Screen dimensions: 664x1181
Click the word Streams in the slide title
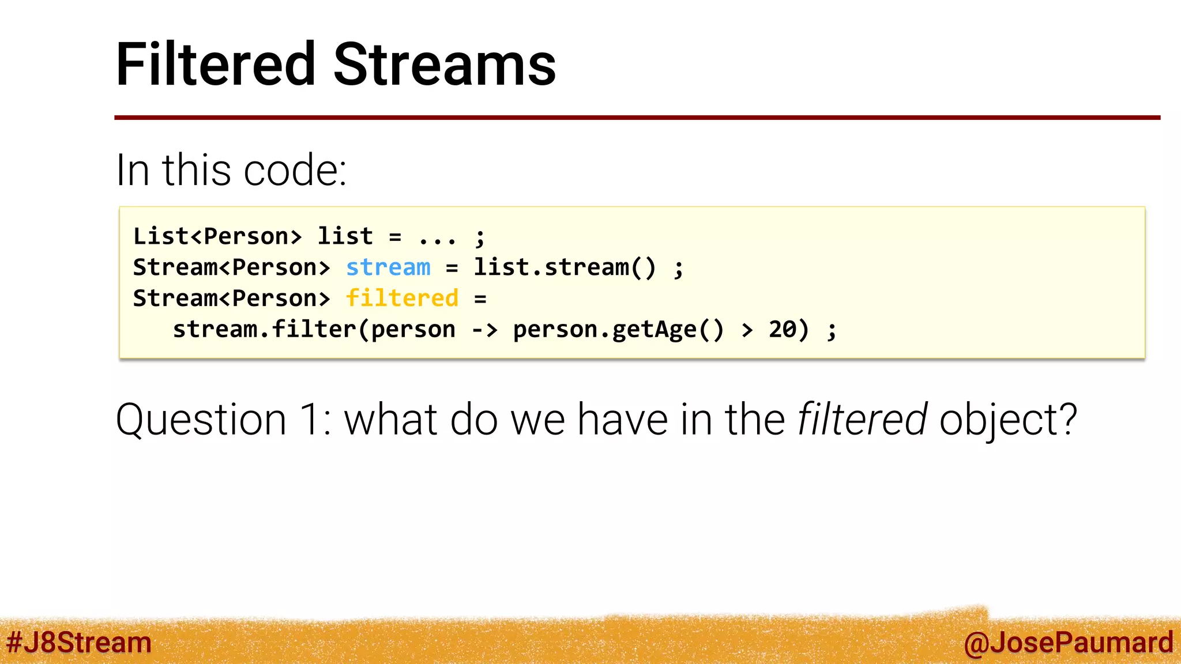coord(444,65)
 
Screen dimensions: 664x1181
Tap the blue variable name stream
coord(388,267)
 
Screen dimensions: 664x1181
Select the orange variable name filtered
coord(402,299)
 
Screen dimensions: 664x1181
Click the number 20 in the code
coord(783,330)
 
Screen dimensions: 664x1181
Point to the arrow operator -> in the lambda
coord(484,330)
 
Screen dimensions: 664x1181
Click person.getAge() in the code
coord(618,330)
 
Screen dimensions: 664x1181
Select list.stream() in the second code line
coord(565,267)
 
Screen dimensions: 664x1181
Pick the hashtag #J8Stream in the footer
coord(79,642)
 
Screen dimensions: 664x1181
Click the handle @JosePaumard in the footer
coord(1068,642)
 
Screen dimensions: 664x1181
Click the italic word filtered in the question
coord(862,419)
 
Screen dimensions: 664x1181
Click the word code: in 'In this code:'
coord(295,171)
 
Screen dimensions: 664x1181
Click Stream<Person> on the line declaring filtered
coord(231,299)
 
